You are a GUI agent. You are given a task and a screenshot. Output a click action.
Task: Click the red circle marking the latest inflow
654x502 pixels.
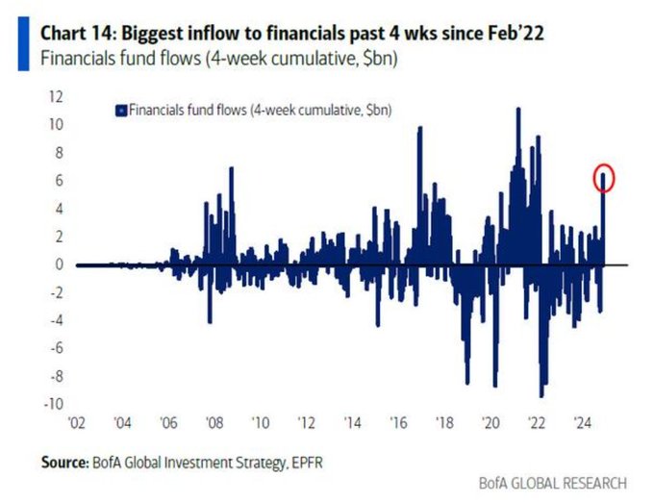(x=603, y=178)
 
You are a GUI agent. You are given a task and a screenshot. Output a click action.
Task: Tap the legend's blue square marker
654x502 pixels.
(x=120, y=111)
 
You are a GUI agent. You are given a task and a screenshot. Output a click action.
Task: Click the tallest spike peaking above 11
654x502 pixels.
(x=518, y=111)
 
